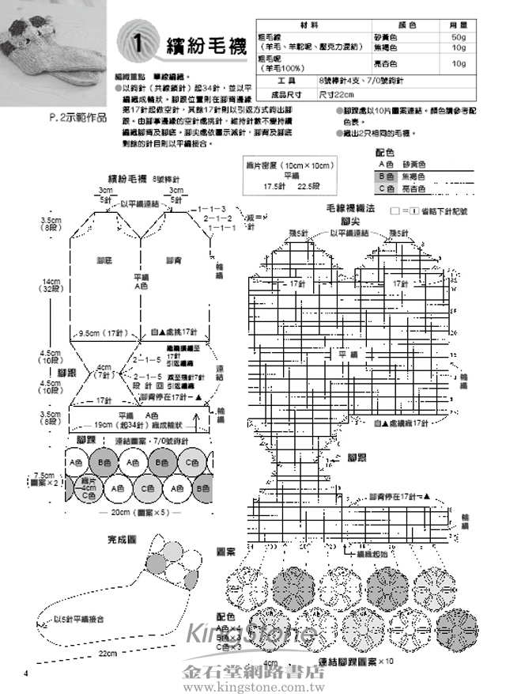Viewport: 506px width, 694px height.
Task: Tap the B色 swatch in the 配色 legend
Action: click(386, 176)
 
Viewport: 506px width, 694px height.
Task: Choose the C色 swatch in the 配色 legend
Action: click(386, 188)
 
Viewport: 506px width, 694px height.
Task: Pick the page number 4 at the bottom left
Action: click(26, 673)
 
